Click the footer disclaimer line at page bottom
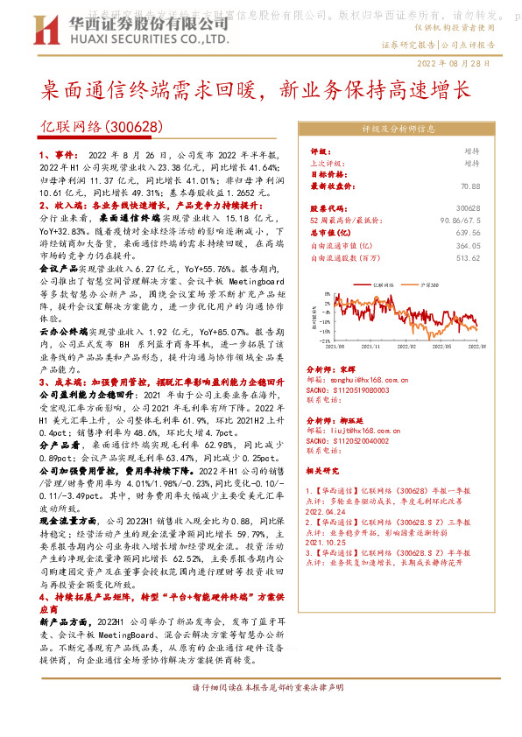[x=261, y=713]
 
